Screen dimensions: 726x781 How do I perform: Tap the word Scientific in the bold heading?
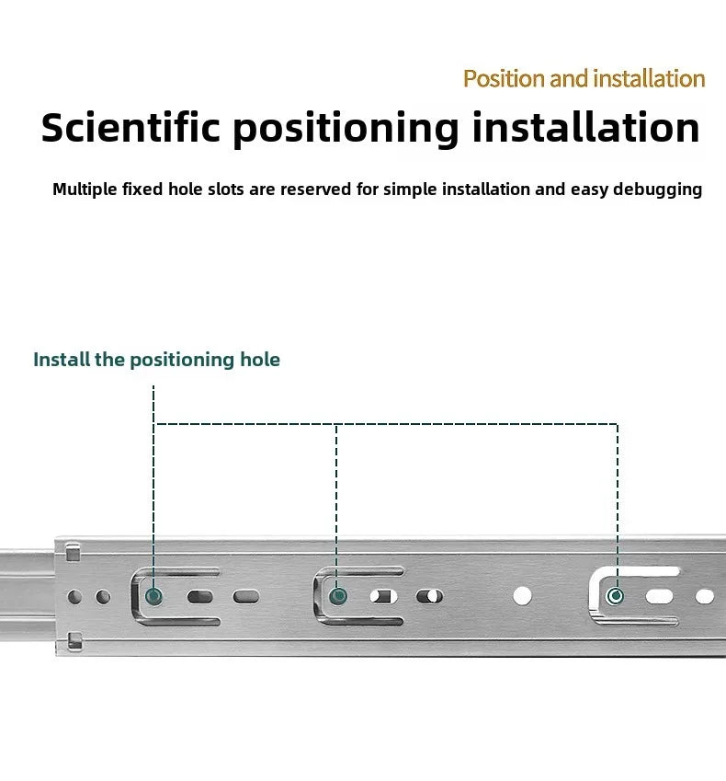(130, 128)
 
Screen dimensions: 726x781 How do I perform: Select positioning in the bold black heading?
(346, 130)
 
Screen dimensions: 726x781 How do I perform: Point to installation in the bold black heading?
(585, 128)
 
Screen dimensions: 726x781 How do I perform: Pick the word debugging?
(657, 190)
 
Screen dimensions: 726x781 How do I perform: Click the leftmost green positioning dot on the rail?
(153, 596)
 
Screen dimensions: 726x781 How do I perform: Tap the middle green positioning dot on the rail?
(338, 596)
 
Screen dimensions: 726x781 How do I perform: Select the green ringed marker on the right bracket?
(615, 596)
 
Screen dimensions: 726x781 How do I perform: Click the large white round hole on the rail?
(522, 596)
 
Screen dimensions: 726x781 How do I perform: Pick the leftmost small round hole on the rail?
(74, 597)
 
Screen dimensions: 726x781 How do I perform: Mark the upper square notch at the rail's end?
(74, 553)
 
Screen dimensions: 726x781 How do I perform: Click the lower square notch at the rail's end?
(74, 640)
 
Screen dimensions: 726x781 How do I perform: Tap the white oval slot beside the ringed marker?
(659, 596)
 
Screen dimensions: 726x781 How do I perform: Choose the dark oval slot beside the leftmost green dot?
(200, 597)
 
